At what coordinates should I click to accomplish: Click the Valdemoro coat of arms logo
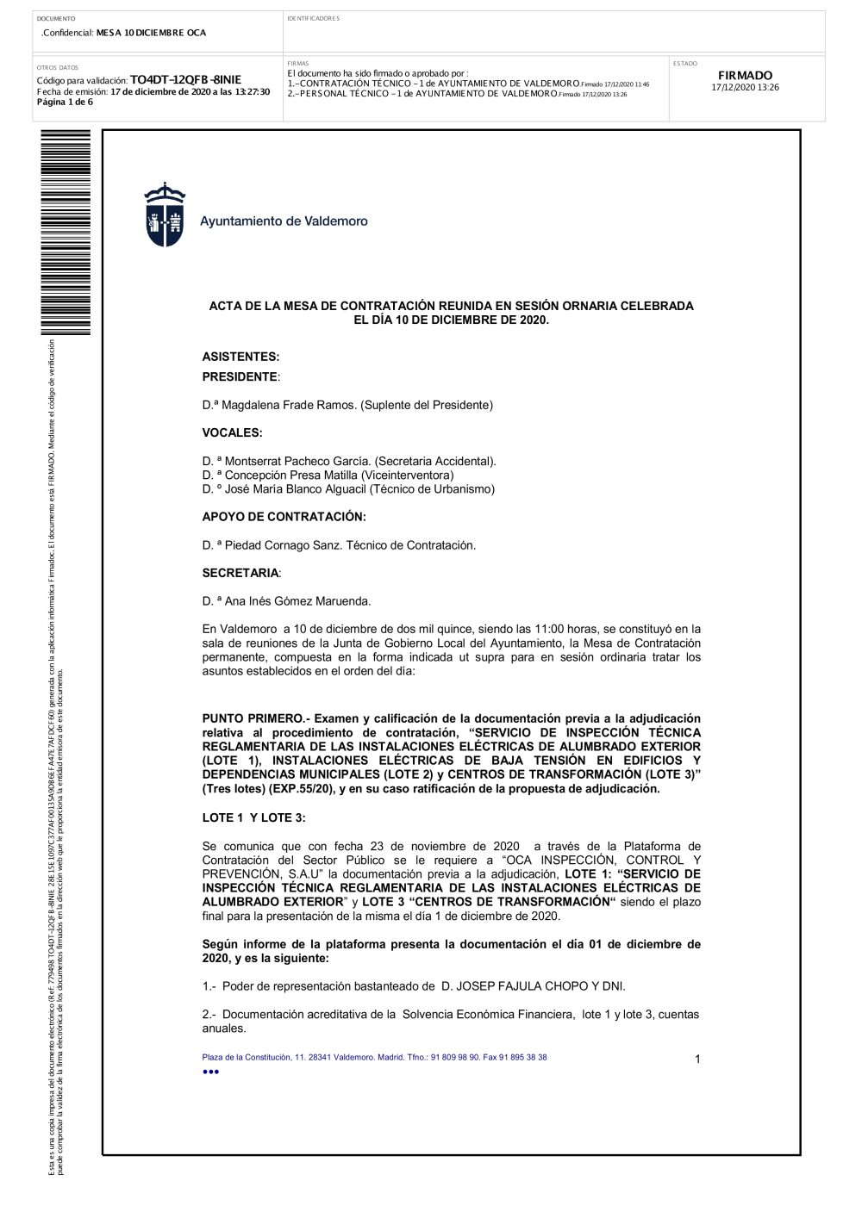(164, 215)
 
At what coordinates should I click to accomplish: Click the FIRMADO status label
(745, 76)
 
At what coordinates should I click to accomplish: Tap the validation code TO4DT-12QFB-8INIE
(185, 80)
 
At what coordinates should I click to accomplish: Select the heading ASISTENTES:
(240, 357)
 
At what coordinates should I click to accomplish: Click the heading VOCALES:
(232, 432)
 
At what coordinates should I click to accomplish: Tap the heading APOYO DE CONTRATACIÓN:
(284, 517)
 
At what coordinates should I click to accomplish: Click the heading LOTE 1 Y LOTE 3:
(253, 817)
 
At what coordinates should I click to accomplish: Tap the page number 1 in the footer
(697, 1059)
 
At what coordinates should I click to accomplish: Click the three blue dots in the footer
(210, 1072)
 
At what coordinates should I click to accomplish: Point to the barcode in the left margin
(66, 233)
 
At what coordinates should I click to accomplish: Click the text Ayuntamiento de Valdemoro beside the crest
(284, 221)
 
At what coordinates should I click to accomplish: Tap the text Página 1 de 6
(65, 103)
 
